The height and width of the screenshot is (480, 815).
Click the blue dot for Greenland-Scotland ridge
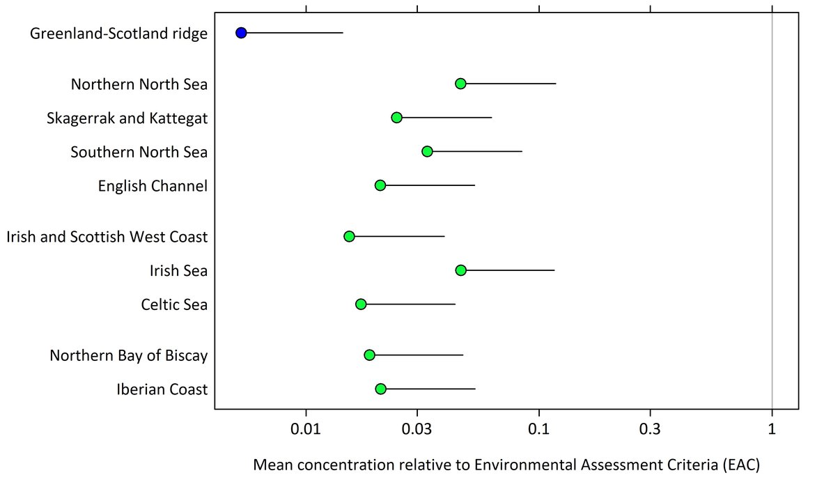(241, 33)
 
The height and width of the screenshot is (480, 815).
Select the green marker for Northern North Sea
(460, 84)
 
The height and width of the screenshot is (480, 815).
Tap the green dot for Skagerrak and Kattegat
(396, 117)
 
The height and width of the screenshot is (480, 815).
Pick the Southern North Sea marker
(427, 151)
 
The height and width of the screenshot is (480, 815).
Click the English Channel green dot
(380, 185)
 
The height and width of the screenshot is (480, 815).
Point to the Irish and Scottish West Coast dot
(349, 236)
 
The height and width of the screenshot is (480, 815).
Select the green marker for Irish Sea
(460, 270)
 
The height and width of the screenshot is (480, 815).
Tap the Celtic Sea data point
(361, 304)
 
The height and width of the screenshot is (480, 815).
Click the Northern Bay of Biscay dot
(369, 355)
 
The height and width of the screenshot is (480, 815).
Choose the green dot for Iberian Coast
(380, 389)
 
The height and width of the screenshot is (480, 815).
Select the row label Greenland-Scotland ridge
(119, 33)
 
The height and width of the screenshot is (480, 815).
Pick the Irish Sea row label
(178, 270)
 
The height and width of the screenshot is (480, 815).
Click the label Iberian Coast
(162, 389)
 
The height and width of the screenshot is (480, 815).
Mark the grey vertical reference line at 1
(772, 209)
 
